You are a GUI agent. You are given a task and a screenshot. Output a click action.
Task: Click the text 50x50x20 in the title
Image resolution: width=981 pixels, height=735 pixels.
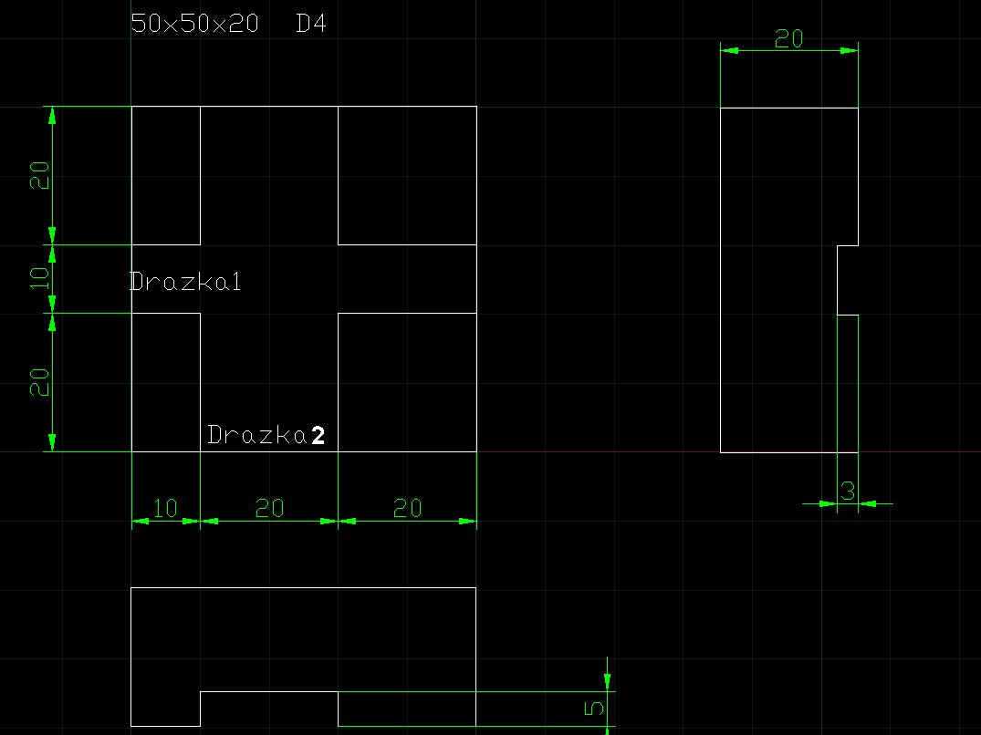tap(194, 24)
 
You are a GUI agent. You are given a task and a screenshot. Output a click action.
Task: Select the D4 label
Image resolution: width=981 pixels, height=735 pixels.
tap(311, 24)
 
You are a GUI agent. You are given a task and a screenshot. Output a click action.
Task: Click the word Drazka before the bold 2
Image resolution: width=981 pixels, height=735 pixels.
tap(256, 435)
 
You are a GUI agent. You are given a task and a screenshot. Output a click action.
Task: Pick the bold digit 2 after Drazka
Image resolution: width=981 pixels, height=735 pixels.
tap(318, 436)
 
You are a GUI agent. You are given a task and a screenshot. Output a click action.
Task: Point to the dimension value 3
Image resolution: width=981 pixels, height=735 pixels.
tap(848, 492)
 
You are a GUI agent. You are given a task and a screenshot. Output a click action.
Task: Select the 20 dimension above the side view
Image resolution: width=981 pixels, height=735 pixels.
tap(788, 38)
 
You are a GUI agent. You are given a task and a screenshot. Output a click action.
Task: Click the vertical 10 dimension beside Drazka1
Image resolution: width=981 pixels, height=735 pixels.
tap(39, 278)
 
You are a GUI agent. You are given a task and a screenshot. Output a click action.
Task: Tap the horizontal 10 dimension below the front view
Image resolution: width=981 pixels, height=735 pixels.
tap(165, 509)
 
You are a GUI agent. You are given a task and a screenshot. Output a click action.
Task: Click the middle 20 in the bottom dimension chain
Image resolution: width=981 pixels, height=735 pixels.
tap(269, 509)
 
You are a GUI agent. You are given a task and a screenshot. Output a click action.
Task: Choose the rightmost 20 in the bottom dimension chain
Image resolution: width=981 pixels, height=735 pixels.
tap(407, 509)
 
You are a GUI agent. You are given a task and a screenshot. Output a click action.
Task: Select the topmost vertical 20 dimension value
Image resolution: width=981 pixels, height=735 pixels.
tap(39, 175)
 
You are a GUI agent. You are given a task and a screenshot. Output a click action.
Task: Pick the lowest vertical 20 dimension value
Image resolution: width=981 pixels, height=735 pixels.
tap(39, 382)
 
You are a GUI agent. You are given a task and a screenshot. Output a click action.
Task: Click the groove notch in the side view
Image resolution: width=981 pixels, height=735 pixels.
tap(848, 280)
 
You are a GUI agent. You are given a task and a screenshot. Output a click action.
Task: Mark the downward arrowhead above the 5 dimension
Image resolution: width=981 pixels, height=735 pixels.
tap(607, 681)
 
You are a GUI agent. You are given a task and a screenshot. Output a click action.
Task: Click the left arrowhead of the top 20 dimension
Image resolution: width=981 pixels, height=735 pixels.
tap(726, 50)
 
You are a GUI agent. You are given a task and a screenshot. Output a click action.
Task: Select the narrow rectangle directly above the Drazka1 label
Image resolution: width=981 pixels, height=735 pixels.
tap(165, 175)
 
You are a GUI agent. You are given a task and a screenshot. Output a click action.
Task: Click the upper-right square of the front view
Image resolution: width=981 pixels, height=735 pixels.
tap(407, 175)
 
